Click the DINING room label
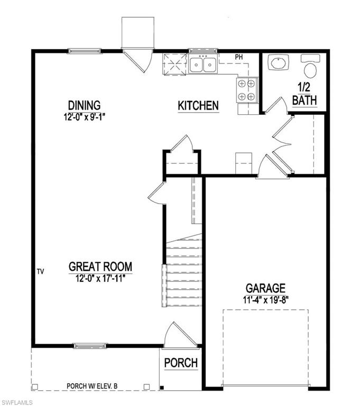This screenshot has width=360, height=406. point(84,105)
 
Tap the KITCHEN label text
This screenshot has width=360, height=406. point(198,106)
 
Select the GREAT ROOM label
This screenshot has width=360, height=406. point(100,266)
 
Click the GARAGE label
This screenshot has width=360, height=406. point(265,288)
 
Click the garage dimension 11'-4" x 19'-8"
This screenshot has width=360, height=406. point(265,299)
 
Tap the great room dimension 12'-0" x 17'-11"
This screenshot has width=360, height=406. point(100,278)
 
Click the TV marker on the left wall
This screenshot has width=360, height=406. point(40,271)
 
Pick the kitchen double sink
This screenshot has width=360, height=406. point(203,64)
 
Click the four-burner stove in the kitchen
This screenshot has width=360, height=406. point(246,89)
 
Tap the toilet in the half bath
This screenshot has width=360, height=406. point(309,67)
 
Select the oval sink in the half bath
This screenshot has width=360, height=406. point(278,63)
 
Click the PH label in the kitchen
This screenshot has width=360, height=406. point(238,57)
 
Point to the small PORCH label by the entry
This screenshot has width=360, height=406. point(180,363)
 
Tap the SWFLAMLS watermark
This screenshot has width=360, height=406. point(17,402)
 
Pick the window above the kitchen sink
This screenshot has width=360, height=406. point(200,51)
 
